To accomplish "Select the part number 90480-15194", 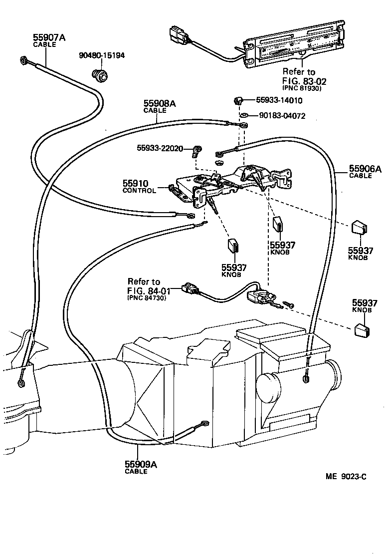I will (x=102, y=55).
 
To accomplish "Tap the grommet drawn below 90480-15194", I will (x=101, y=75).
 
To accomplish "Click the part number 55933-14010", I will (x=279, y=100).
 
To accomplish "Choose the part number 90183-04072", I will (x=282, y=116).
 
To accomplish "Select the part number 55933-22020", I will (x=160, y=148).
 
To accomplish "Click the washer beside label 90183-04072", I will (x=244, y=116).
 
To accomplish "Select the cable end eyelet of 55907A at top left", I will (x=23, y=61).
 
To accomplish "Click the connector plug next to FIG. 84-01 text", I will (x=190, y=288).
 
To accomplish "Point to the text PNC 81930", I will (x=302, y=88).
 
